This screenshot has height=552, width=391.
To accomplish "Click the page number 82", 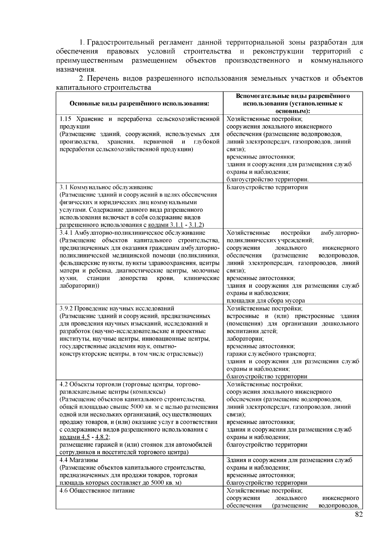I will point(358,514).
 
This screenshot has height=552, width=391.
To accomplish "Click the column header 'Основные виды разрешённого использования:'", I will point(139,104).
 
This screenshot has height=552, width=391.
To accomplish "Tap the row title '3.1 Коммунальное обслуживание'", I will point(106,187).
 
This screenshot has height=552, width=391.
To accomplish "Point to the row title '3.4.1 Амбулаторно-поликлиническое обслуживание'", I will point(133,233).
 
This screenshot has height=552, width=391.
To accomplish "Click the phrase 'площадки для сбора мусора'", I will point(266,301).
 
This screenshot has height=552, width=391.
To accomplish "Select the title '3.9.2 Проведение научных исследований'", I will point(117,308).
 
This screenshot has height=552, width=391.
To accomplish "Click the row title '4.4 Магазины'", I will point(79,460).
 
